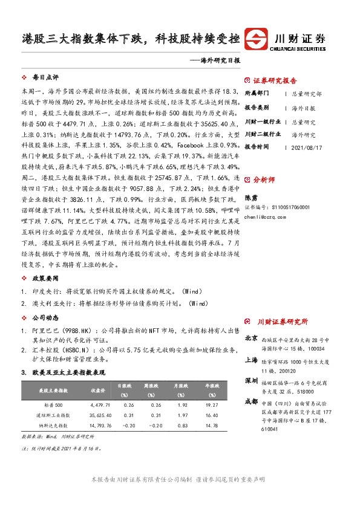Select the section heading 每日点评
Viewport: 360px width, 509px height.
coord(45,78)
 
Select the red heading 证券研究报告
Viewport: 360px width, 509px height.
coord(275,80)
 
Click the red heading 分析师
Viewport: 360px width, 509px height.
coord(263,180)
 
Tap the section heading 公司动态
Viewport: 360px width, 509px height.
coord(45,317)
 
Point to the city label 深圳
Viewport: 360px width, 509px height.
coord(251,381)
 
